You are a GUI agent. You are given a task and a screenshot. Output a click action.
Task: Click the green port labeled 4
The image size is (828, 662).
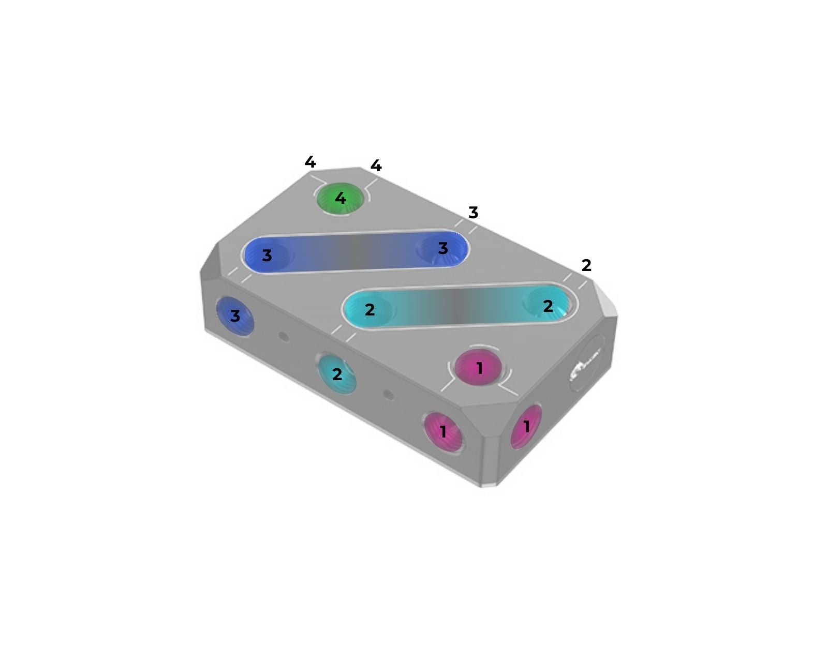[341, 198]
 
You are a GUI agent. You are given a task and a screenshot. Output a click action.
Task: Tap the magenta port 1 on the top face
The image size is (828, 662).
[479, 368]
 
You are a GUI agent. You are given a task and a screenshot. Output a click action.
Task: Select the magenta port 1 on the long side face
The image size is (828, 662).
[443, 431]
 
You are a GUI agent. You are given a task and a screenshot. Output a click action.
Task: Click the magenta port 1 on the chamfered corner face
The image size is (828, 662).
[526, 427]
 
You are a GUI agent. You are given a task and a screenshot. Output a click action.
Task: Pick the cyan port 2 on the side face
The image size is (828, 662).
[337, 373]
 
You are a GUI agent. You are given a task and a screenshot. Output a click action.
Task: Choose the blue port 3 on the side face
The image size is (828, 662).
[235, 315]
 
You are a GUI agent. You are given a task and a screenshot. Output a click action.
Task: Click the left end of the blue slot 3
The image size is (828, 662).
[267, 254]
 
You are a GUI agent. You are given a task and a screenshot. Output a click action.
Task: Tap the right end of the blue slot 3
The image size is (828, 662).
[442, 248]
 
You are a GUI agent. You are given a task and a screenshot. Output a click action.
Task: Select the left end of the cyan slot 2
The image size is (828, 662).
[369, 309]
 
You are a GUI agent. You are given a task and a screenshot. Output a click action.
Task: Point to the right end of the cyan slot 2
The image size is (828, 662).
[548, 306]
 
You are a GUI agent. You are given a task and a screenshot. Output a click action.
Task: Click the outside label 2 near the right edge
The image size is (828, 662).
[586, 265]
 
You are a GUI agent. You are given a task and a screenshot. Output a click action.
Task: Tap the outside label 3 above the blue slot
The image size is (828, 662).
[473, 213]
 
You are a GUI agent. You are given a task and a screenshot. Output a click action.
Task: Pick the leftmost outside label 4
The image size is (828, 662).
[310, 162]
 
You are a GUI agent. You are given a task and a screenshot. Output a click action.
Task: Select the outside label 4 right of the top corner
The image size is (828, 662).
[376, 166]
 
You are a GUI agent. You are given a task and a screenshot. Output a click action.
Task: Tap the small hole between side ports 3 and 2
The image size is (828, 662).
[283, 337]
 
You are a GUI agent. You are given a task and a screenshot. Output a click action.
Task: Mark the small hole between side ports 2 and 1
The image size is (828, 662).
[389, 395]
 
